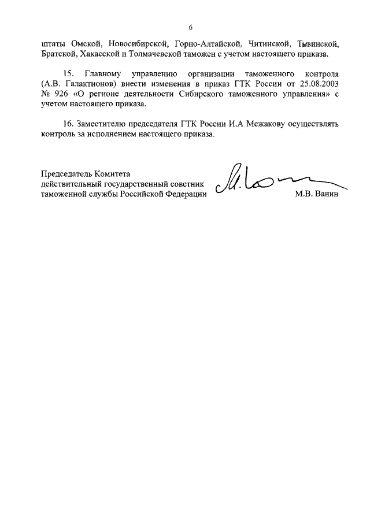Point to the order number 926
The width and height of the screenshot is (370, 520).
coord(61,95)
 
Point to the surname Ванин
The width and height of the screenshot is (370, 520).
coord(325,195)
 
